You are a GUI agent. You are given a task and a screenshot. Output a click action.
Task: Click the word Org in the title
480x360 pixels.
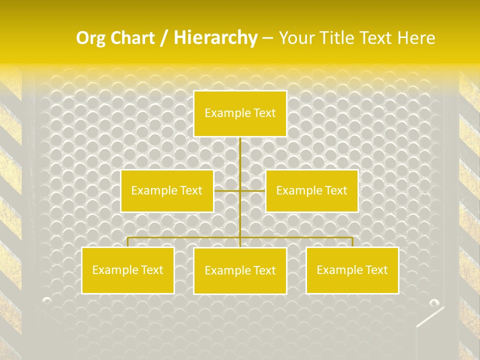89,38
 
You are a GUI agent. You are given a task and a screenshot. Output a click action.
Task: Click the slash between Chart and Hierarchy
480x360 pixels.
163,38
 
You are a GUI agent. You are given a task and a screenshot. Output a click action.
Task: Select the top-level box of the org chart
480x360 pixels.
240,113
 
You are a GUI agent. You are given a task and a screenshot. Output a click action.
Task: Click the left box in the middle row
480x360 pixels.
167,191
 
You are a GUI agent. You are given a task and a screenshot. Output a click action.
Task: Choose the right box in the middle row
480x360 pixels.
311,191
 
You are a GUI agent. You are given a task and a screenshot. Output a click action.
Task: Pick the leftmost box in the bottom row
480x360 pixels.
127,270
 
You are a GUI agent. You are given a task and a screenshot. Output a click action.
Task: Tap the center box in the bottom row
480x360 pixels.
240,271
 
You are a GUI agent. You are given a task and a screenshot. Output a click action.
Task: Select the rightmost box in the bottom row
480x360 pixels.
352,270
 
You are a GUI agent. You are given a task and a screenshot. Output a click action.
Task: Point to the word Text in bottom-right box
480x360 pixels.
376,270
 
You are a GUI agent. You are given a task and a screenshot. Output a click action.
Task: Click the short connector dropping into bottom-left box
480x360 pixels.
128,242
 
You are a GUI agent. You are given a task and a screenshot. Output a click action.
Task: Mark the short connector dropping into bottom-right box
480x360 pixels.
352,242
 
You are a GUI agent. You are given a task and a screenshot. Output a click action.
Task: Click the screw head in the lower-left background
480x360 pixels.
47,300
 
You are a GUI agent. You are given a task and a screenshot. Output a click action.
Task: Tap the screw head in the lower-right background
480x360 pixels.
434,302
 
